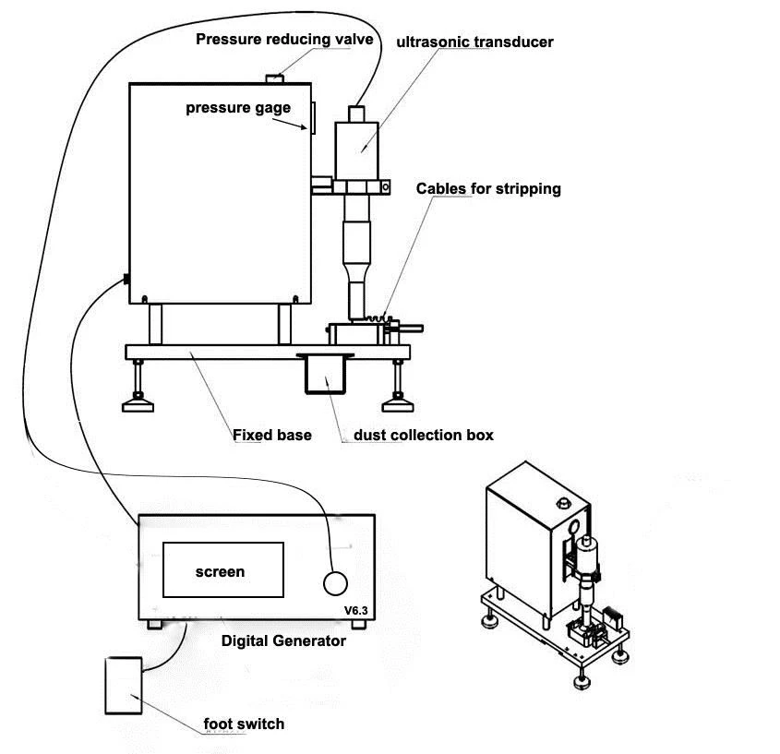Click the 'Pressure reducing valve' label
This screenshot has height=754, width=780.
click(x=284, y=40)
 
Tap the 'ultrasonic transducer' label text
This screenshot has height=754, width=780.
click(x=474, y=42)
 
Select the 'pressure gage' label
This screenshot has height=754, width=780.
click(x=238, y=108)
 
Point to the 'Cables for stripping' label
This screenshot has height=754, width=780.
click(x=488, y=189)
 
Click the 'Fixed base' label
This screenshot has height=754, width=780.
click(x=272, y=436)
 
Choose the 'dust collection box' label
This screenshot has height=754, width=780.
click(x=424, y=436)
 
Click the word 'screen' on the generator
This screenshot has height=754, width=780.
click(x=220, y=572)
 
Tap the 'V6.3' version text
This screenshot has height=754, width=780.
click(x=356, y=611)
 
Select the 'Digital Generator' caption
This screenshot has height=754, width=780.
click(x=283, y=640)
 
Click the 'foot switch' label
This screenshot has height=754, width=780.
click(x=244, y=724)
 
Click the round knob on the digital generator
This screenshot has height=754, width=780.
click(x=335, y=583)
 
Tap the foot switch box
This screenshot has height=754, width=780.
click(x=124, y=686)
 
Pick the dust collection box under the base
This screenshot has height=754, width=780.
click(x=325, y=374)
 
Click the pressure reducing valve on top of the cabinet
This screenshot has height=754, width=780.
click(x=274, y=78)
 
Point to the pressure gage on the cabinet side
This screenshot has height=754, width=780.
click(x=314, y=118)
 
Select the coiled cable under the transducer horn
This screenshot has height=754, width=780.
click(x=376, y=318)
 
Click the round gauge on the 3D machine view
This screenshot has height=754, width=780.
click(x=573, y=526)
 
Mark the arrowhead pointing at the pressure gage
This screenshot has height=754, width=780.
click(x=304, y=127)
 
